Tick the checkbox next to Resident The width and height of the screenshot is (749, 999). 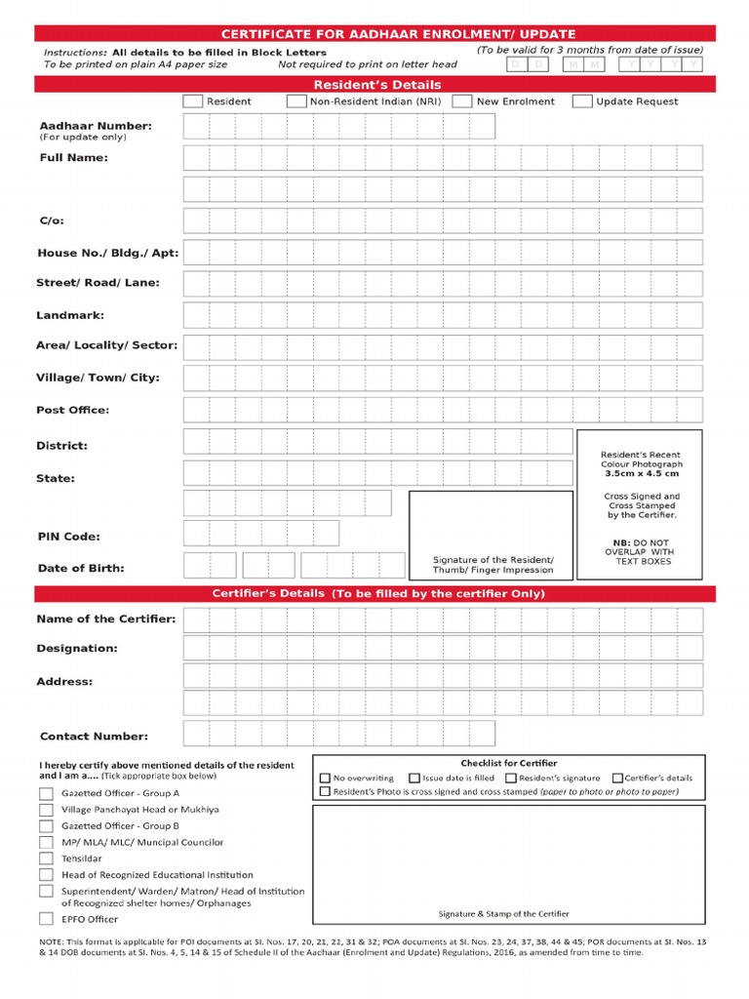(192, 101)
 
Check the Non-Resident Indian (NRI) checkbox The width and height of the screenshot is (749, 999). (296, 101)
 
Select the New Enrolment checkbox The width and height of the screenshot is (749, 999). (462, 101)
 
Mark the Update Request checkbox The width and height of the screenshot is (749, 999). (581, 101)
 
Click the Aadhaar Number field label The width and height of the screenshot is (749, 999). (96, 126)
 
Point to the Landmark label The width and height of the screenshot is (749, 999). (70, 315)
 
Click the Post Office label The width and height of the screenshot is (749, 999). (73, 410)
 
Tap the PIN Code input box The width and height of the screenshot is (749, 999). (261, 533)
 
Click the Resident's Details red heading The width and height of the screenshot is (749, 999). (376, 85)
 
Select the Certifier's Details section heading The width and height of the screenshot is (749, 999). (376, 593)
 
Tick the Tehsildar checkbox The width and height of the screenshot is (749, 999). (46, 859)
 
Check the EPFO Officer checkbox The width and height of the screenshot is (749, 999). (46, 919)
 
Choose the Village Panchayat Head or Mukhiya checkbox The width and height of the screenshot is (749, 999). (46, 810)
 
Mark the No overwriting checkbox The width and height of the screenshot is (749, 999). (325, 778)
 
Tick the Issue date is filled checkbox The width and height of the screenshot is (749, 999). (414, 778)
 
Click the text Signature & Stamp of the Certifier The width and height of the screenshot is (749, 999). (504, 913)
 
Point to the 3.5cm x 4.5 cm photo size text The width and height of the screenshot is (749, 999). (642, 474)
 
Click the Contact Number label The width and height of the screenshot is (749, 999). (95, 737)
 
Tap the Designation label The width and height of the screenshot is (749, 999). (77, 648)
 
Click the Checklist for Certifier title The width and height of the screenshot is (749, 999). (509, 763)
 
